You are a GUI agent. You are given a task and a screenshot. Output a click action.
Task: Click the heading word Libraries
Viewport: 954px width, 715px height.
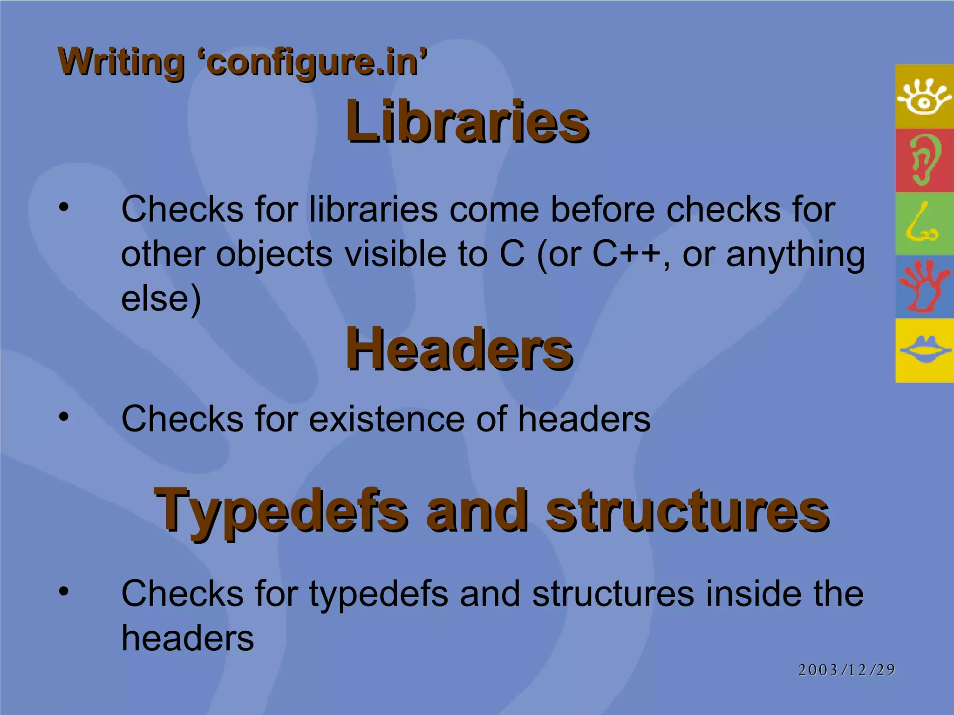pyautogui.click(x=467, y=122)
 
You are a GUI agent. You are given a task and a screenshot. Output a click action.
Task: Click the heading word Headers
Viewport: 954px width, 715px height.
pyautogui.click(x=459, y=349)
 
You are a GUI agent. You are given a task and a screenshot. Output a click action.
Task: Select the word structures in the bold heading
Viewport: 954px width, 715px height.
pyautogui.click(x=687, y=511)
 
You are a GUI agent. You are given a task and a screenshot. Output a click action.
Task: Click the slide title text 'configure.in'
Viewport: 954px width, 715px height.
pyautogui.click(x=316, y=62)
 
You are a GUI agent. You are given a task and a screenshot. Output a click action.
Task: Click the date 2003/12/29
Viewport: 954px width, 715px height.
pyautogui.click(x=846, y=670)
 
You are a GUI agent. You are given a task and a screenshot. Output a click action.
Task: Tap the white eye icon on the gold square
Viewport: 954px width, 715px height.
pyautogui.click(x=924, y=97)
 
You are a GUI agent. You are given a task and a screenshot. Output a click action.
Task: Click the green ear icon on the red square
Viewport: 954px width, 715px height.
pyautogui.click(x=924, y=160)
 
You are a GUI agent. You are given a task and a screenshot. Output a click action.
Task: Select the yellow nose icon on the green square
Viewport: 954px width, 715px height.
pyautogui.click(x=922, y=223)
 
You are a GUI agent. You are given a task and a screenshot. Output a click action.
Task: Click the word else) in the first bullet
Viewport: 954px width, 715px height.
pyautogui.click(x=161, y=299)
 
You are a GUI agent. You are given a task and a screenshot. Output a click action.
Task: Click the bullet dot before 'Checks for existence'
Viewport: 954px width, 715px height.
pyautogui.click(x=64, y=416)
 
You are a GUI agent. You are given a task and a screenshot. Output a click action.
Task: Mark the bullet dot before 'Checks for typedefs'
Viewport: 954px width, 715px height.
pyautogui.click(x=64, y=591)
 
